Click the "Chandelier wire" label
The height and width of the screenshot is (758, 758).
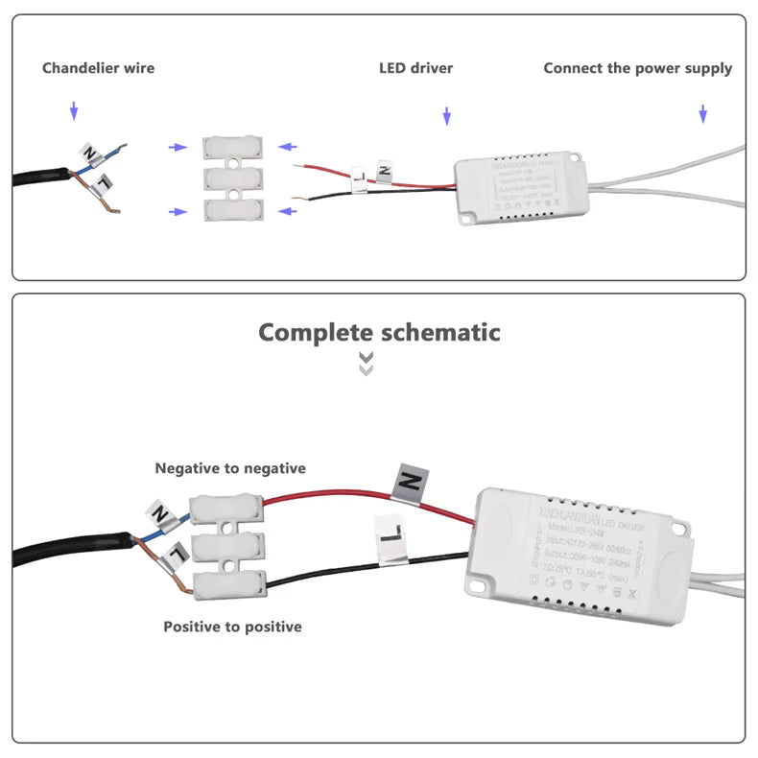click(x=98, y=68)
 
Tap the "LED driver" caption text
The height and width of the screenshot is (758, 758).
click(x=415, y=68)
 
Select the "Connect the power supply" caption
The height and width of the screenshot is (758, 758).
click(x=637, y=68)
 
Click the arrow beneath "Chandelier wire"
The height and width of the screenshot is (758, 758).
click(x=74, y=112)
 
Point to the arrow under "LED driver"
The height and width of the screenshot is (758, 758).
click(x=446, y=116)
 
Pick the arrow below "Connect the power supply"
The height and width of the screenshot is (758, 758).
click(x=702, y=114)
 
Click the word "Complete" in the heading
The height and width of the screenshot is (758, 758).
click(x=316, y=333)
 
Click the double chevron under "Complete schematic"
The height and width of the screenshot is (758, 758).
click(x=366, y=364)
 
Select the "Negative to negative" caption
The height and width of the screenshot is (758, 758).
click(x=230, y=468)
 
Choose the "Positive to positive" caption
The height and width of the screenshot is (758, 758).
click(x=232, y=627)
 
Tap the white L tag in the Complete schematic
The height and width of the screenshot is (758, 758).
click(x=390, y=538)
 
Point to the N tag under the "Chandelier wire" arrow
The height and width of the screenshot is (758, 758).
click(x=89, y=152)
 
